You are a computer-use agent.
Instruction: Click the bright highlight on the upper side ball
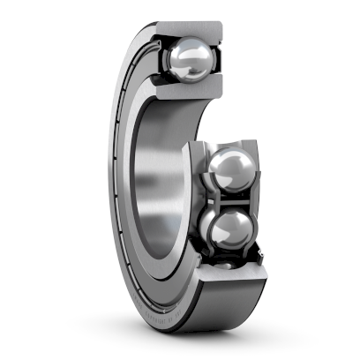(x=226, y=161)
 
